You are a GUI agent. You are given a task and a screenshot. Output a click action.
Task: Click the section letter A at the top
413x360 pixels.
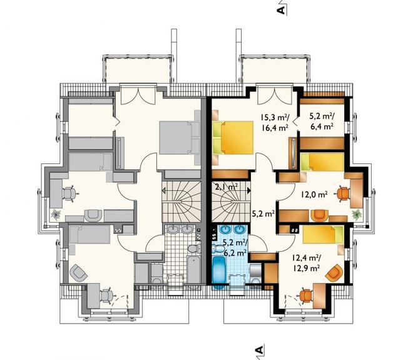coord(281,10)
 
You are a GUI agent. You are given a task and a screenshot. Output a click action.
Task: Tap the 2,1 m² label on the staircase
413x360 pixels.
coord(227,187)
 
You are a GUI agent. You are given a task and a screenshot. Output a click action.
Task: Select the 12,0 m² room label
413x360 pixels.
coord(314,195)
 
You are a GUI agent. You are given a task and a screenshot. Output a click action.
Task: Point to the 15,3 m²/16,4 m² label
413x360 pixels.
coord(274,122)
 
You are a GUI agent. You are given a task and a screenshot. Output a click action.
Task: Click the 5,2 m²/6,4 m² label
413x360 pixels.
coord(321,121)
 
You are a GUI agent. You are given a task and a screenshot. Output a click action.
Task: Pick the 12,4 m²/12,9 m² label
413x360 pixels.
coord(306,263)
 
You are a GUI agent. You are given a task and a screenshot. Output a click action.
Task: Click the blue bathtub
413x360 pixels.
coord(218,274)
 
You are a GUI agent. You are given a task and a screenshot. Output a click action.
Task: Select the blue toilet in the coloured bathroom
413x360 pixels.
coord(218,249)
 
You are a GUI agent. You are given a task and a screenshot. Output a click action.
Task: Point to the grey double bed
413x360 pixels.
coord(180,138)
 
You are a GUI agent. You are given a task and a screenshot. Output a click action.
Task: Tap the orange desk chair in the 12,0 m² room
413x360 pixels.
coord(343,194)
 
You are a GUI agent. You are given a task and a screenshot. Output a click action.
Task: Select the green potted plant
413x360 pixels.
coord(357,215)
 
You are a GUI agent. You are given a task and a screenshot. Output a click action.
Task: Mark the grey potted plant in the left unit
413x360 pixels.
coord(56,214)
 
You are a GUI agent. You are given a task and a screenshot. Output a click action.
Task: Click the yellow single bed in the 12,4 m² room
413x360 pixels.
coord(323,234)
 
